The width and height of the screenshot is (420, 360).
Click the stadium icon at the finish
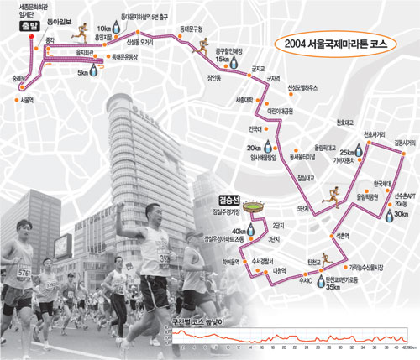point(252,206)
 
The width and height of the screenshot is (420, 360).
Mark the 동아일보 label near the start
point(60,16)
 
